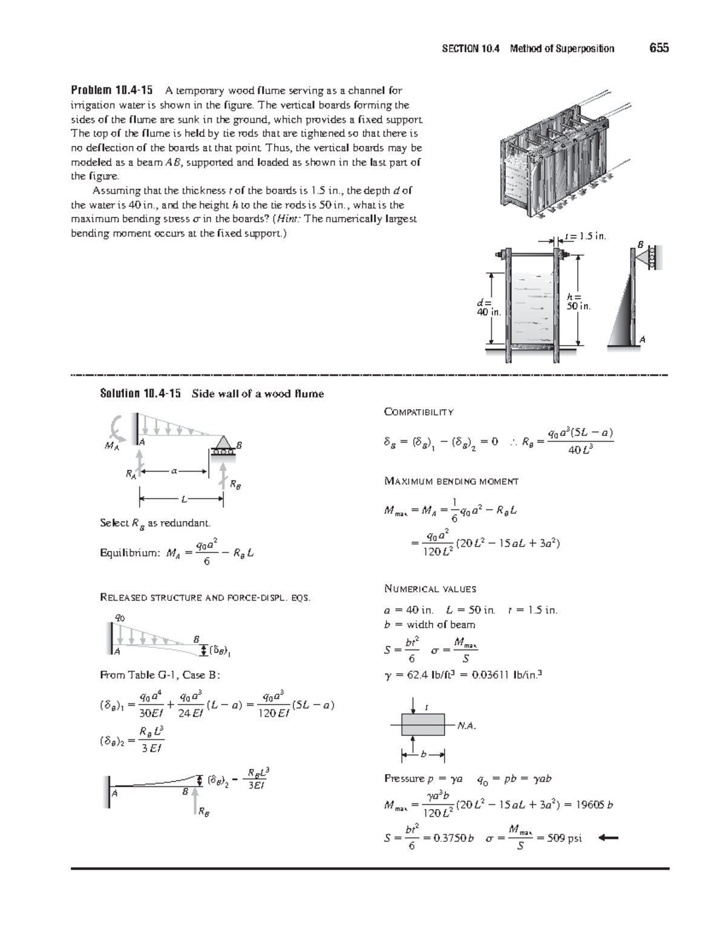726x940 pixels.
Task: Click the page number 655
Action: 659,48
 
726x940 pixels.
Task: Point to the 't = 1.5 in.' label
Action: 584,236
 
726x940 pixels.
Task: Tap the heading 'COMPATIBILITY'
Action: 419,412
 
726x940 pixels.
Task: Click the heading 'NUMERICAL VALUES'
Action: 430,588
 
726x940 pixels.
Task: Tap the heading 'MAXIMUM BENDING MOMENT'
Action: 451,481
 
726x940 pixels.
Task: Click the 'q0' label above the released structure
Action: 120,617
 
